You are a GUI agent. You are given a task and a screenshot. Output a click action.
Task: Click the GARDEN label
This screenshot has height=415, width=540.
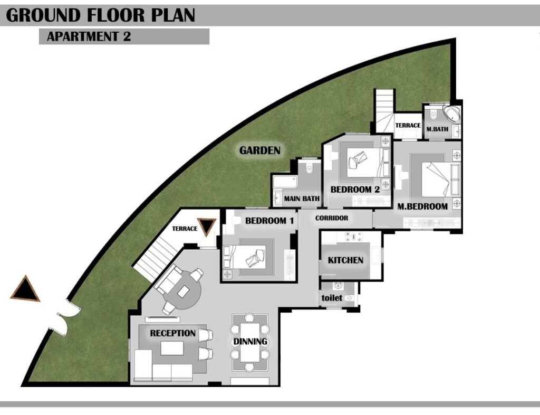pos(259,150)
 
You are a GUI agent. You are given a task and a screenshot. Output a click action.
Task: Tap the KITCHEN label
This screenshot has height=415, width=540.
pos(345,260)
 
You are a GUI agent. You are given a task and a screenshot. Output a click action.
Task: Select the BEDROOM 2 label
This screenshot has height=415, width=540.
pos(355,189)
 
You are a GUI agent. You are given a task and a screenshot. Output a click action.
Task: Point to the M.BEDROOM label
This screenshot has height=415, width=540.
pos(422,206)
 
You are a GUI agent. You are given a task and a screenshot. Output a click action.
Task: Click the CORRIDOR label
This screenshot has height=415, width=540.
pos(332,218)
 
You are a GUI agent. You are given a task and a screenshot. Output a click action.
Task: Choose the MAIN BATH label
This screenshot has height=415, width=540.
pos(302,199)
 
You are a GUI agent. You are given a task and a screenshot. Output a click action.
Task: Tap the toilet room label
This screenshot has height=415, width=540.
pos(332,298)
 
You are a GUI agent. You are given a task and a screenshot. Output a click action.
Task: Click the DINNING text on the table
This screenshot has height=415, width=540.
pos(250,341)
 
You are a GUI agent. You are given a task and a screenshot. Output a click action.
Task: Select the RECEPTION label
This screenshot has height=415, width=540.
pos(173,333)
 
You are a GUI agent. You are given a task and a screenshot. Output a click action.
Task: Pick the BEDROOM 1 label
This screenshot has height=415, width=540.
pos(269,221)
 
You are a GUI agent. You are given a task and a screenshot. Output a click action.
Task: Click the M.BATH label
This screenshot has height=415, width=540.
pos(437,129)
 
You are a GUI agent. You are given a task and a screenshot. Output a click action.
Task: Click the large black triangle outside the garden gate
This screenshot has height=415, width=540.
pos(25,288)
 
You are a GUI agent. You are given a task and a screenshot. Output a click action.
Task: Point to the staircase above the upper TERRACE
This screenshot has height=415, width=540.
pos(384,110)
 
